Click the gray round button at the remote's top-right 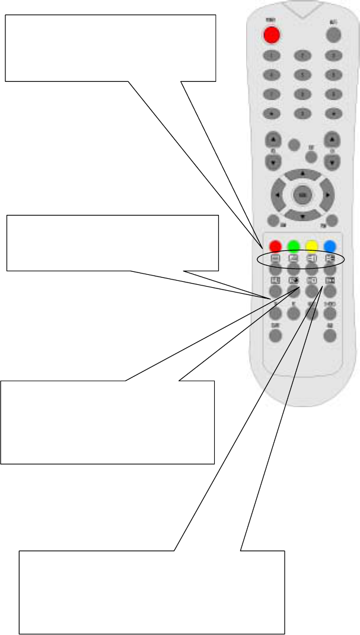[x=334, y=35]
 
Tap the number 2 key [x=302, y=56]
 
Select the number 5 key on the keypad [x=302, y=75]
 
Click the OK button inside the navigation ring [x=302, y=195]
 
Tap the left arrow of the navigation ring [x=278, y=195]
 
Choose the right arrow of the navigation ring [x=327, y=195]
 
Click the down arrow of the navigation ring [x=302, y=217]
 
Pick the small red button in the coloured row [x=275, y=246]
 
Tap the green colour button [x=293, y=246]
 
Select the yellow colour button [x=312, y=246]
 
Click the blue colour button [x=330, y=246]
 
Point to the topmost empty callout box [x=110, y=48]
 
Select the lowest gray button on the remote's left [x=275, y=336]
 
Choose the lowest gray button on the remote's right [x=330, y=336]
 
